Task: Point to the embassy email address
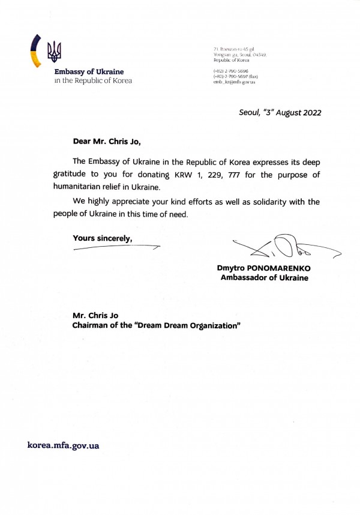(x=235, y=82)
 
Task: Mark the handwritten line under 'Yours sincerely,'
(x=117, y=247)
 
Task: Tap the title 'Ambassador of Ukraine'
(x=264, y=278)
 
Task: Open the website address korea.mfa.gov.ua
(x=64, y=445)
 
